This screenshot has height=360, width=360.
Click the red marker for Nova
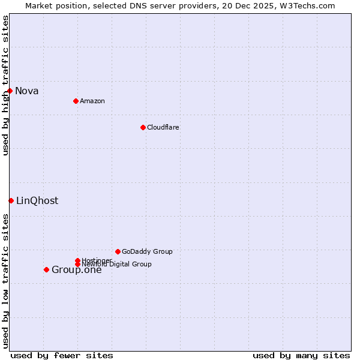(x=10, y=91)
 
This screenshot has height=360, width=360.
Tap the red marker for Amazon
(x=76, y=101)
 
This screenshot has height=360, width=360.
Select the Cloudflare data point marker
(x=143, y=127)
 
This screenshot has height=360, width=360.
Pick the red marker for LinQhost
(x=11, y=200)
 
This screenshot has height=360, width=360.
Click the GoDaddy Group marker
(x=118, y=251)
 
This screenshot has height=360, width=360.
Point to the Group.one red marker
(x=46, y=269)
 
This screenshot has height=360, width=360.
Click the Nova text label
(x=27, y=91)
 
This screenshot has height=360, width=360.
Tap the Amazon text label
(x=92, y=101)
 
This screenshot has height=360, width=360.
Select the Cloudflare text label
(x=163, y=127)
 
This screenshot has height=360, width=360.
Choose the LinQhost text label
(x=37, y=201)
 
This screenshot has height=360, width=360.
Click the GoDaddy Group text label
(x=147, y=251)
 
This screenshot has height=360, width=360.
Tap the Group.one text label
(x=77, y=270)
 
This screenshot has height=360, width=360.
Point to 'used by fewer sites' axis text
(x=62, y=355)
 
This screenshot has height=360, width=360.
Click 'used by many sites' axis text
(x=301, y=355)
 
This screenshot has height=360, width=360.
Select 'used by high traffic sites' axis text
(x=5, y=85)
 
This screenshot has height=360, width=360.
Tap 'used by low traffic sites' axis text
(x=5, y=281)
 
